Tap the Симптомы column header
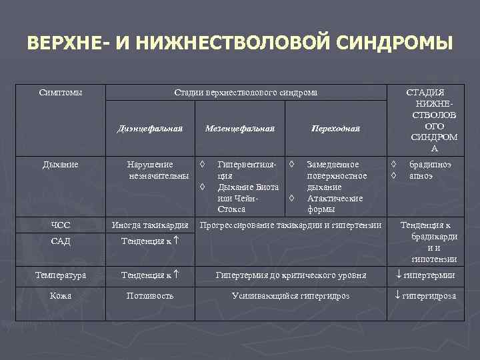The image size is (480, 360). point(61,92)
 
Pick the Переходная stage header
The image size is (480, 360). point(335,128)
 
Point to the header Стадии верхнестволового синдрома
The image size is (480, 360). point(245,92)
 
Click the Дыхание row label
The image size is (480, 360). point(61,164)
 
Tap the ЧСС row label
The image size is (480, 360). point(61,225)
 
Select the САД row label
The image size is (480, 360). point(61,241)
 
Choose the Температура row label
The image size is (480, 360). point(61,275)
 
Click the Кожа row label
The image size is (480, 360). point(61,295)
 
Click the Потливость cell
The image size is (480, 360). point(150,295)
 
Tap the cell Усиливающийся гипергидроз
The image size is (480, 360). point(291,295)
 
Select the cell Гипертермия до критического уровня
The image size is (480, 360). point(291,275)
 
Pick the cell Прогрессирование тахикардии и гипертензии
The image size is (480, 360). point(291,225)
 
